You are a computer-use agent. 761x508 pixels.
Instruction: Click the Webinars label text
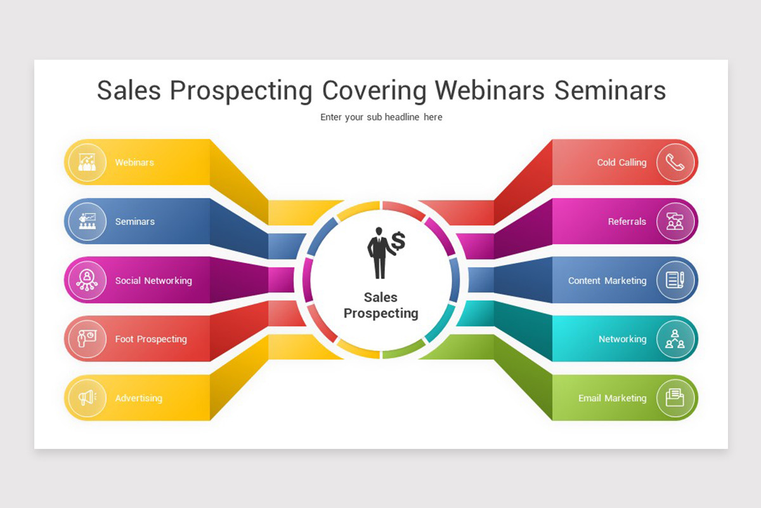[x=134, y=163]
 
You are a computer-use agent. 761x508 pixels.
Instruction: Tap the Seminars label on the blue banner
[x=135, y=222]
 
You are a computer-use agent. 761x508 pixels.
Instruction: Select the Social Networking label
[x=153, y=281]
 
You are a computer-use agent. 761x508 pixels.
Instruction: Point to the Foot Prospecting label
[x=151, y=339]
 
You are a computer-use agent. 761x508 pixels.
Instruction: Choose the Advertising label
[x=139, y=398]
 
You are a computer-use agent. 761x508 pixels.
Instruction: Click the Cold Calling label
[x=621, y=163]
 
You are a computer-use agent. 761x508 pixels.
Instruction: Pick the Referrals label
[x=627, y=222]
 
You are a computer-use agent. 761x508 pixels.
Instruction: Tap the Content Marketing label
[x=608, y=281]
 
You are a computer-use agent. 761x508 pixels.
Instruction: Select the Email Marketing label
[x=613, y=398]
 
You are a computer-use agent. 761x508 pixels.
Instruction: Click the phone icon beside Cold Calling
[x=675, y=163]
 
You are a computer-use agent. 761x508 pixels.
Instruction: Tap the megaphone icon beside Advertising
[x=88, y=398]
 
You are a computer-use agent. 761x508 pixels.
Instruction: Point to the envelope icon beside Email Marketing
[x=675, y=398]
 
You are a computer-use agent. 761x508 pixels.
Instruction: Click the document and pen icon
[x=675, y=280]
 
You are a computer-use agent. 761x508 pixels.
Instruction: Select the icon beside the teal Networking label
[x=675, y=339]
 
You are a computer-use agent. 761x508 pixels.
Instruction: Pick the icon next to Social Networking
[x=87, y=281]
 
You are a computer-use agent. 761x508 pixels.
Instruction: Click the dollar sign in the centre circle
[x=398, y=241]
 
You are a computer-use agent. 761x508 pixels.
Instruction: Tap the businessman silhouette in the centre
[x=380, y=253]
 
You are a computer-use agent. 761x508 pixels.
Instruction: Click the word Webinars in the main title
[x=490, y=91]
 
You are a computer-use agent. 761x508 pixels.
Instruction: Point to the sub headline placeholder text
[x=381, y=117]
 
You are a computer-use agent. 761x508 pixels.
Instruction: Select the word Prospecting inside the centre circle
[x=381, y=314]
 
